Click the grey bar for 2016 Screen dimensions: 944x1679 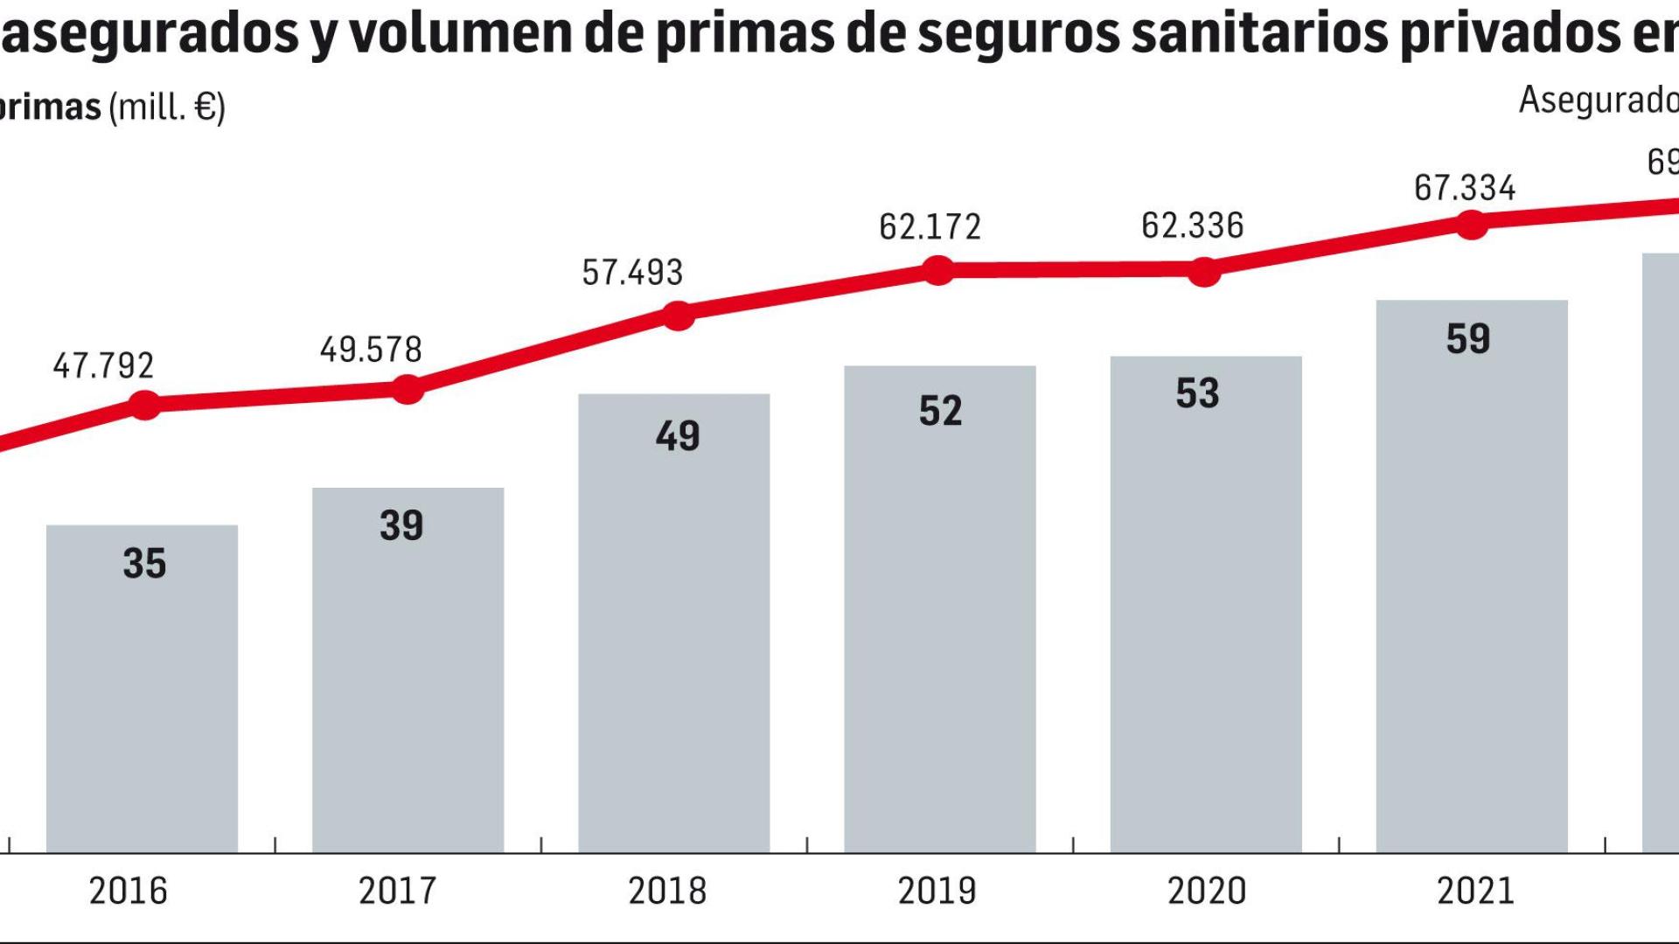coord(142,691)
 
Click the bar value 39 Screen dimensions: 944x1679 coord(401,526)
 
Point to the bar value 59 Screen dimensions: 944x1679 coord(1468,339)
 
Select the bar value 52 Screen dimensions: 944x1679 coord(940,411)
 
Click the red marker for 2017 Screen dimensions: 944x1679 coord(408,390)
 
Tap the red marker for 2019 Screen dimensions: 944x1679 coord(938,271)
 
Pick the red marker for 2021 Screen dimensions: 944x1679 coord(1471,226)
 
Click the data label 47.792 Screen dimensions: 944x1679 coord(103,365)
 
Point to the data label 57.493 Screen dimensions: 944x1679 coord(632,273)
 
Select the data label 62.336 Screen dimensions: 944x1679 coord(1192,226)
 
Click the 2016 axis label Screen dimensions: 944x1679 coord(128,891)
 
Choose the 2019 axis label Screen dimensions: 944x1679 coord(937,891)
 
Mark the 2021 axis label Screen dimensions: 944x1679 coord(1475,891)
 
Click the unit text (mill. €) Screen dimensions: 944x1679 coord(167,108)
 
